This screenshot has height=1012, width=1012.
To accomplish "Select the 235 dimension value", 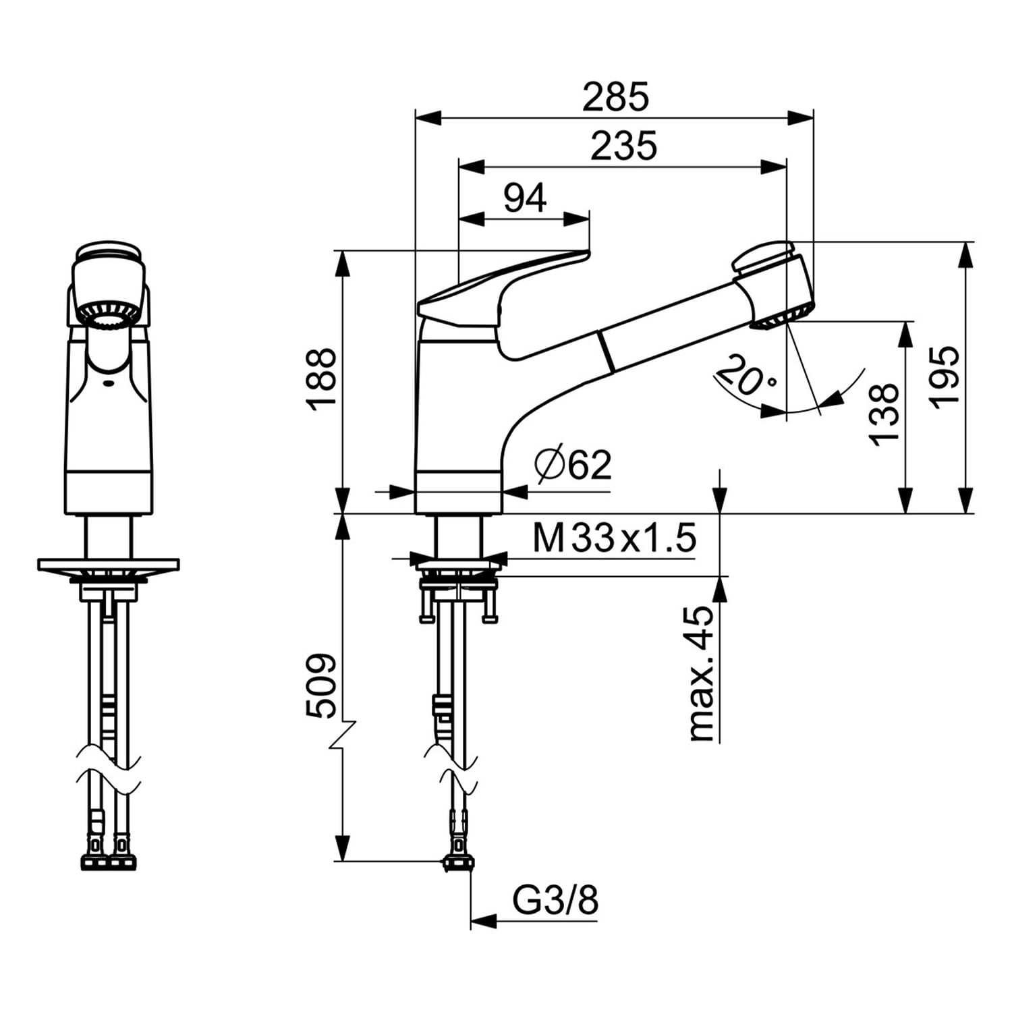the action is coord(623,146).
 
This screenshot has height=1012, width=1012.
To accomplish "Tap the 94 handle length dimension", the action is coord(525,198).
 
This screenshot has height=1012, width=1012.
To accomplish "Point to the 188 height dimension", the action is coord(321,378).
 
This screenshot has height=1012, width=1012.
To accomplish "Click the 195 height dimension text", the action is coord(944,375).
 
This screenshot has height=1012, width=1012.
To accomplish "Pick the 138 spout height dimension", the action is coord(884,414).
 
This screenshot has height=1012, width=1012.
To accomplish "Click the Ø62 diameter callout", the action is coord(573,464).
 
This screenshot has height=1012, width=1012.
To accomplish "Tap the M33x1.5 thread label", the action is coord(614,538).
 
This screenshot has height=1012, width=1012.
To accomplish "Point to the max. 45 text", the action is coord(701,674).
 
